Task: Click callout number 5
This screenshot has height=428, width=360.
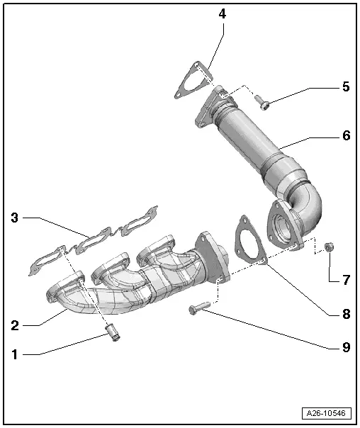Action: click(x=345, y=87)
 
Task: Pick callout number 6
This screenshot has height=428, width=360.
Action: click(x=345, y=135)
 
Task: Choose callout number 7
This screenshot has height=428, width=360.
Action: click(x=345, y=280)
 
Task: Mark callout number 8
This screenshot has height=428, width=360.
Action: click(x=345, y=312)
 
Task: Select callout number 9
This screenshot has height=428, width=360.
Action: click(x=345, y=347)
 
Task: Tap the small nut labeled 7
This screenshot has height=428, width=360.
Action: click(x=329, y=247)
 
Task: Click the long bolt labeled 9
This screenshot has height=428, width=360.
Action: click(x=198, y=309)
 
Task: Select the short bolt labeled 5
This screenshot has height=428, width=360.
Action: click(x=262, y=103)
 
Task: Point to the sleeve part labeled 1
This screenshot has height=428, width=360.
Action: click(x=111, y=332)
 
